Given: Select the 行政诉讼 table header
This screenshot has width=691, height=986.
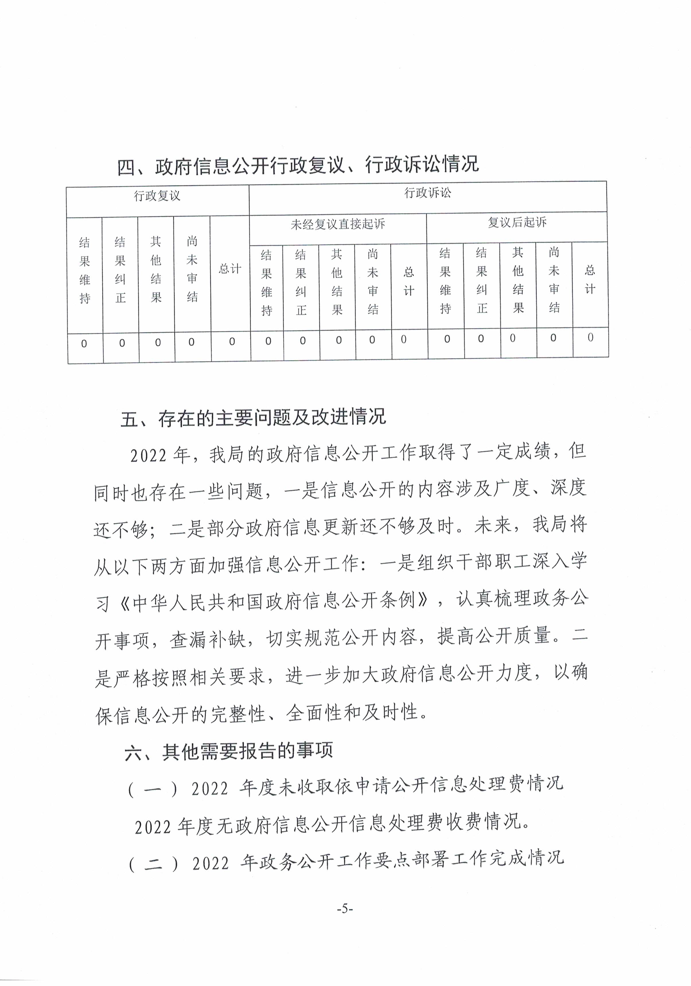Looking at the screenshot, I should click(427, 193).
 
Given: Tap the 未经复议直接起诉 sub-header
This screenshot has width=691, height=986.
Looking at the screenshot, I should click(338, 224).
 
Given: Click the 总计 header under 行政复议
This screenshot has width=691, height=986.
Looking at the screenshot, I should click(230, 269).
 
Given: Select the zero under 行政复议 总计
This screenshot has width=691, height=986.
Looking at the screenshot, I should click(232, 342).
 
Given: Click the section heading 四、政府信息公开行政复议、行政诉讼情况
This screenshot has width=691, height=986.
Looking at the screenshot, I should click(298, 165).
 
